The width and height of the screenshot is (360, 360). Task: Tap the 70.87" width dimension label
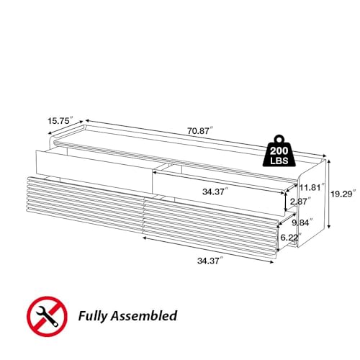(x=200, y=131)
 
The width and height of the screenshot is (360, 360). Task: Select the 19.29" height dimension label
(x=343, y=194)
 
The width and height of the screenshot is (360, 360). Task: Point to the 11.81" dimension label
(x=312, y=187)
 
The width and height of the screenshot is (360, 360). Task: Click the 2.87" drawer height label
(x=301, y=202)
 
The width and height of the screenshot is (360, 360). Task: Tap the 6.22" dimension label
(x=291, y=238)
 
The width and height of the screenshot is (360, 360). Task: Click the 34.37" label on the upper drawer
(x=215, y=192)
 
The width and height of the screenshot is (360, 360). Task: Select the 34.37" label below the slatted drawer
(x=210, y=261)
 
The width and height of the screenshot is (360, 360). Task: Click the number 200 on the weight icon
(x=279, y=151)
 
